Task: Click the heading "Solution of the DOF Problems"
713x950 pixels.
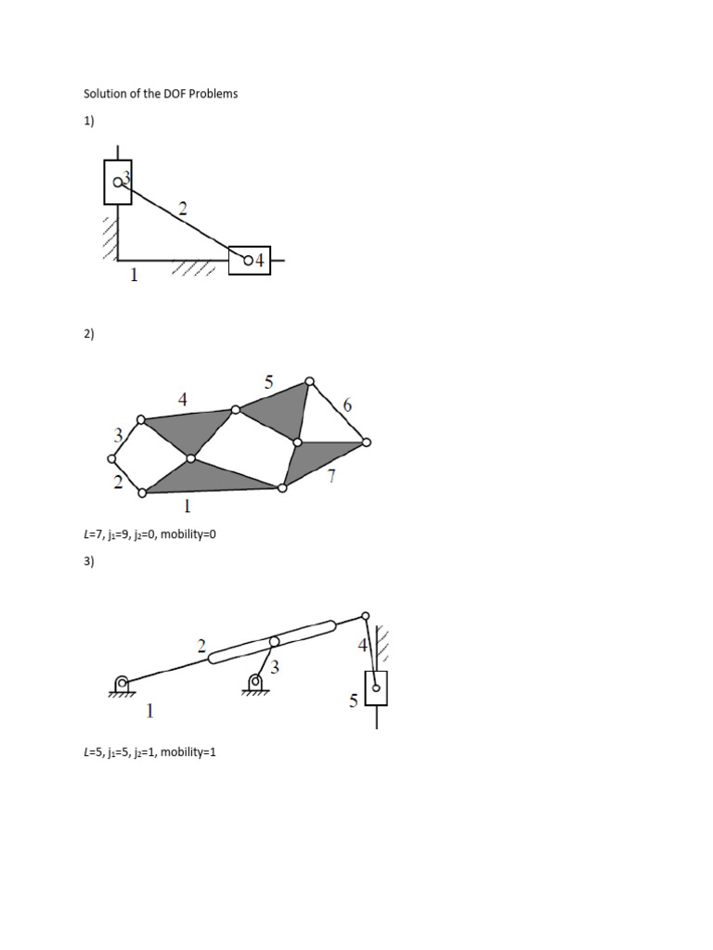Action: pos(161,94)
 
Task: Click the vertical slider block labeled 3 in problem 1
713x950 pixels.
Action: pos(118,182)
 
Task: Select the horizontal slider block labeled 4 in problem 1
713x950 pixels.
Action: pos(249,261)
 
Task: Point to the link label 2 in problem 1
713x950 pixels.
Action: pos(183,210)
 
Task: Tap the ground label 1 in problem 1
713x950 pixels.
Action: pos(134,276)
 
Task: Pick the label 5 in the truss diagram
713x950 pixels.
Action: pos(269,381)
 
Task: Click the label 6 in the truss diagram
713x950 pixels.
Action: pos(347,405)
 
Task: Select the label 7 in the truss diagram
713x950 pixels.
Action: pos(331,478)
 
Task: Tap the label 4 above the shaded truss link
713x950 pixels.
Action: pos(183,400)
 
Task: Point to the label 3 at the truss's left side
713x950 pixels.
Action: pos(119,434)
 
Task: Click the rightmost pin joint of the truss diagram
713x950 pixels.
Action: pos(367,443)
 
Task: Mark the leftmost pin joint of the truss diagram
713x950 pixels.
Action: pos(112,458)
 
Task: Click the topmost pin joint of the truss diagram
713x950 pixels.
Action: pos(310,380)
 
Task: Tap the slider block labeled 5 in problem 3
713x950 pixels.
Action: pos(376,688)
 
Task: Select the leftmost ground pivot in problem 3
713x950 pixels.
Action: pos(122,685)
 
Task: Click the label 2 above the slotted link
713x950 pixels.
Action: pos(201,648)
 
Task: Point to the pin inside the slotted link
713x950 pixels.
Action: pos(274,642)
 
